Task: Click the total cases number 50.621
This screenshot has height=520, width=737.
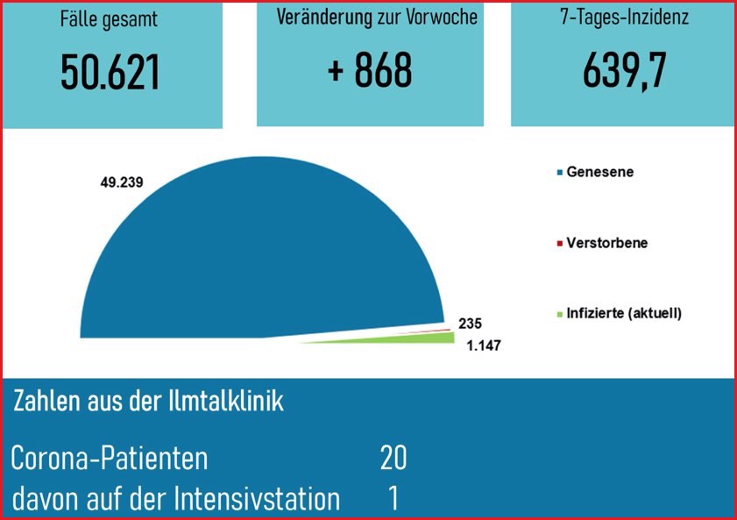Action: pos(110,73)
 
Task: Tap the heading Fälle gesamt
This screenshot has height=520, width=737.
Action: pos(110,19)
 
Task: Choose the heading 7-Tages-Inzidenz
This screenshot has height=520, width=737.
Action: pos(623,18)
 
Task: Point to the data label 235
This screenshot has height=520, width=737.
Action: pos(471,323)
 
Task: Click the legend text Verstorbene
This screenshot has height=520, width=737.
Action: pos(606,243)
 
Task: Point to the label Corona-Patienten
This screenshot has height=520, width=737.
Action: pos(110,458)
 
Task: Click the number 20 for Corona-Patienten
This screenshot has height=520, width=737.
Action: pos(393,458)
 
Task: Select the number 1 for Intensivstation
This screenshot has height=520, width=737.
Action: pos(394,499)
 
